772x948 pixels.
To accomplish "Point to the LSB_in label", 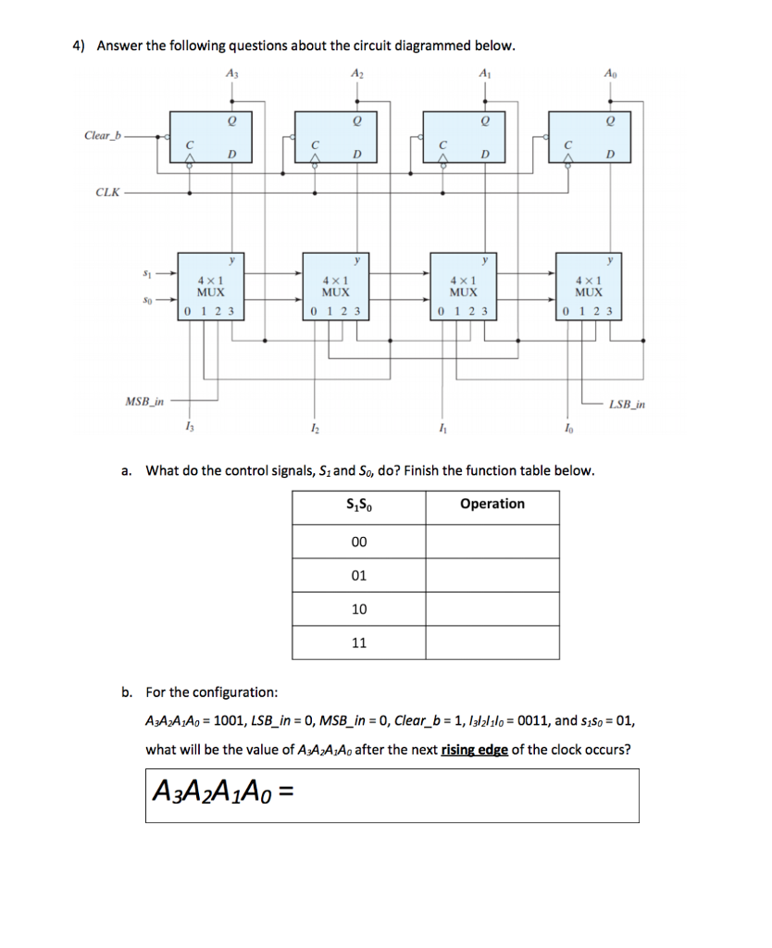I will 629,405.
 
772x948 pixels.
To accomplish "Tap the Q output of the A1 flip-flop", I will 482,119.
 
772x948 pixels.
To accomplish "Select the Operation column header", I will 492,504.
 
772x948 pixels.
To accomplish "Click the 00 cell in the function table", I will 359,542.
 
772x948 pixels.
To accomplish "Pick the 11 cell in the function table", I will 359,642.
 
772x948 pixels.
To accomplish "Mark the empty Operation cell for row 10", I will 492,608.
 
